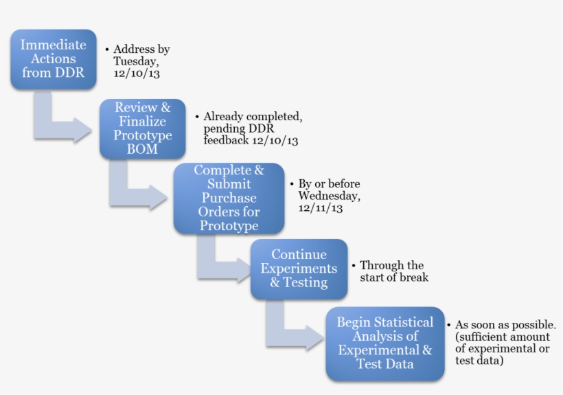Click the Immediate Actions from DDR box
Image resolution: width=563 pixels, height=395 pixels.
[53, 59]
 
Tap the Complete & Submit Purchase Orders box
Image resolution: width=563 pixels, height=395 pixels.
[228, 198]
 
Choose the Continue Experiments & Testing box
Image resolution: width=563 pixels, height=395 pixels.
[298, 269]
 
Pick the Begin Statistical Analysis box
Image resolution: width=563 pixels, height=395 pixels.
[384, 343]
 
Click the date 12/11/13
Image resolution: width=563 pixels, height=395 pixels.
[321, 208]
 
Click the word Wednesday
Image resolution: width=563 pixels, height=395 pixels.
[329, 196]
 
